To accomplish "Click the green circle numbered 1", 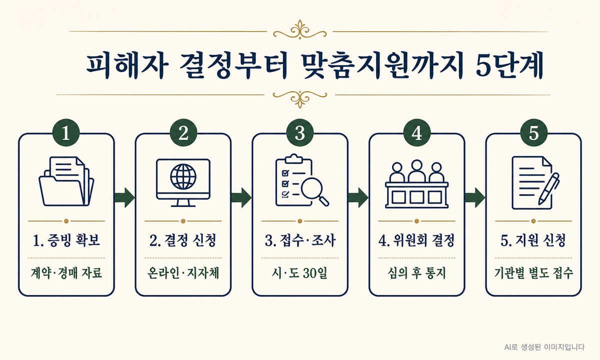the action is click(66, 132).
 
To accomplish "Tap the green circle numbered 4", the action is click(417, 132).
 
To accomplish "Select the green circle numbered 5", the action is click(533, 132).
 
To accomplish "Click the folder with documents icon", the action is click(66, 181).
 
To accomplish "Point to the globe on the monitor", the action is click(183, 177).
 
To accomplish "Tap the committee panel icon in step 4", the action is click(417, 184).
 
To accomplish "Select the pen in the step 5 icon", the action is click(548, 189).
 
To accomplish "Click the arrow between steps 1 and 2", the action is click(124, 197).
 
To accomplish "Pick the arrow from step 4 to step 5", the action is click(475, 197).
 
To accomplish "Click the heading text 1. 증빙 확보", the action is click(66, 240).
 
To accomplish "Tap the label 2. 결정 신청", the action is click(183, 240).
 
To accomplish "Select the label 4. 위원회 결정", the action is click(416, 240).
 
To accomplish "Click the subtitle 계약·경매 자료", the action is click(66, 273).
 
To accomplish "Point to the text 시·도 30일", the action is click(299, 273).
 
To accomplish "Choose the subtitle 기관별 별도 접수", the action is click(533, 273).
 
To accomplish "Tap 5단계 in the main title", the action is click(509, 66).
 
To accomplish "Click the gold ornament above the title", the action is click(300, 30).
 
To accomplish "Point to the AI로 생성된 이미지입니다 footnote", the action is click(544, 347).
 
